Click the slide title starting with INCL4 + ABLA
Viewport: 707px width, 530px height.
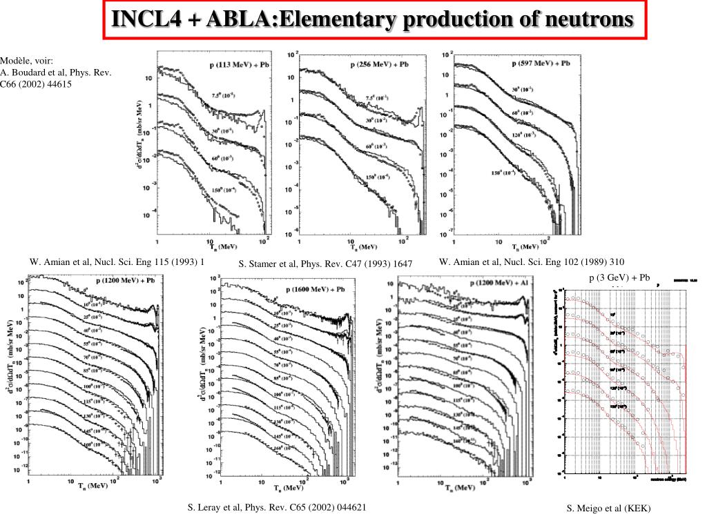[373, 19]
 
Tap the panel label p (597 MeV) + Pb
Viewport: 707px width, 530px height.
[541, 63]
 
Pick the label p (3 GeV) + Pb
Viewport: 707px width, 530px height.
[619, 278]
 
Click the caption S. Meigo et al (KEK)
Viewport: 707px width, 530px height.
[609, 509]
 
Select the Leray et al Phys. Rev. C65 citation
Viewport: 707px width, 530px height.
[277, 507]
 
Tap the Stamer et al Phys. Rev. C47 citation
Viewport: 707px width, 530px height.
[325, 264]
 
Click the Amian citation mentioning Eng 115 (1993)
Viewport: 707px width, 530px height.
[117, 262]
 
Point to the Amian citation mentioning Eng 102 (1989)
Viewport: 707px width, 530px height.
[532, 262]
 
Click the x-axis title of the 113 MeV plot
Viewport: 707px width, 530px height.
[219, 246]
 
